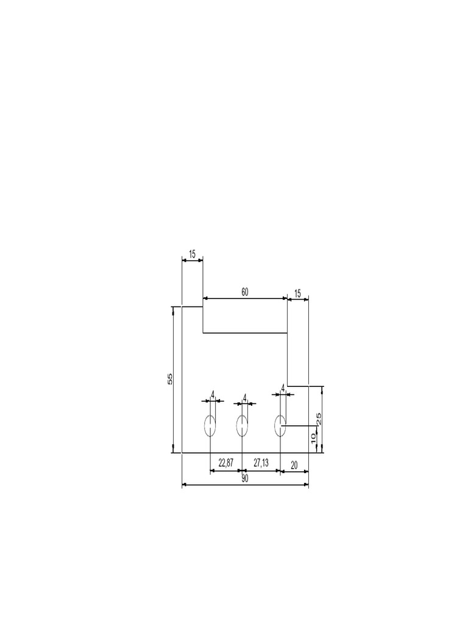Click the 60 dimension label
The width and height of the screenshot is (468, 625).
coord(245,292)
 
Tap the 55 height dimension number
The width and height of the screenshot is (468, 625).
coord(171,378)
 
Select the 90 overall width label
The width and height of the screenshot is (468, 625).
coord(245,479)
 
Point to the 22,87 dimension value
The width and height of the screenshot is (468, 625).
coord(225,464)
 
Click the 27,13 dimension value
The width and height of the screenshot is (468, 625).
coord(260,464)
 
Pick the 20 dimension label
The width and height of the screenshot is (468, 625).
coord(294,464)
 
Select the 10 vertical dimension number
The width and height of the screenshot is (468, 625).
coord(313,438)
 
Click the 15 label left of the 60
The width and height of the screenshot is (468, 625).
coord(193,254)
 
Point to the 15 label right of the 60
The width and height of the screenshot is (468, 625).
coord(297,294)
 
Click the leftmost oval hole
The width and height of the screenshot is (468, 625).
coord(210,425)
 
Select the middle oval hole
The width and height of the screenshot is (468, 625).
coord(242,425)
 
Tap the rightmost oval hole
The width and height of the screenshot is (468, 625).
coord(280,425)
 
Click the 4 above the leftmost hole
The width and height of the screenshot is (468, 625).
coord(213,395)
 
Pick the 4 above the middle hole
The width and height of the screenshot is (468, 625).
coord(245,397)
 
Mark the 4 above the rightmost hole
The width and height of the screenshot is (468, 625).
coord(283,388)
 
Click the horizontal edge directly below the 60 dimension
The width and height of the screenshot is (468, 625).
coord(245,333)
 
